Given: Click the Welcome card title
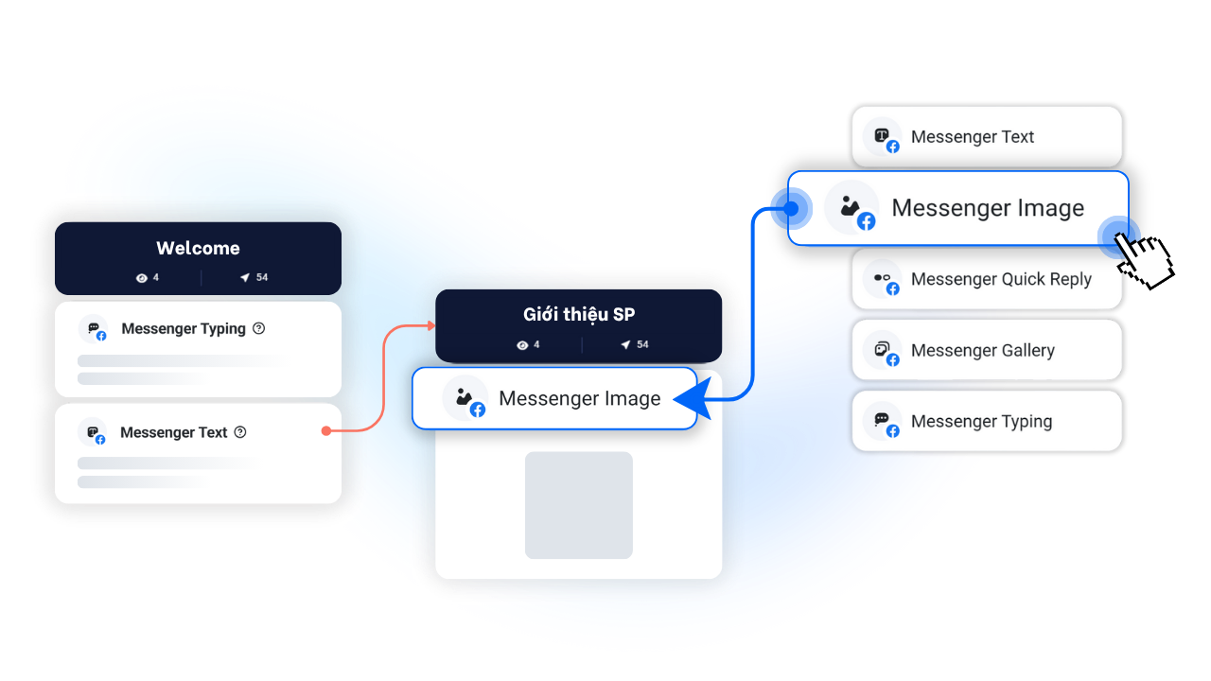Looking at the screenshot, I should coord(198,248).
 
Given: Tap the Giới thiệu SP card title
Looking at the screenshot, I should coord(579,315).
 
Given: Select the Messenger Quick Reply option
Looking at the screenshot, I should coord(1000,279).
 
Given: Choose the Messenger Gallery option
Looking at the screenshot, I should coord(982,350).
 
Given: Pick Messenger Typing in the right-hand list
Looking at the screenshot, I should coord(981,421).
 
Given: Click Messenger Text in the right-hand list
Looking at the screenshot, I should coord(972,137).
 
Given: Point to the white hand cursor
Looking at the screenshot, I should coord(1142,254).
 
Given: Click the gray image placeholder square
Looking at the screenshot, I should coord(579,505).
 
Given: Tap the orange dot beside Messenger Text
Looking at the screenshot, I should coord(325,431).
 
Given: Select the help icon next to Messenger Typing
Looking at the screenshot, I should coord(259,328).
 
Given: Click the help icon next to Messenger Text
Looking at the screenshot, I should coord(240,432).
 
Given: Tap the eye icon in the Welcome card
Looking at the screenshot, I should coord(142,278).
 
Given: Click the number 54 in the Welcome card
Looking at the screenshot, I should coord(262,277).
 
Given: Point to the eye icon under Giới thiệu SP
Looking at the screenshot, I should coord(522,345).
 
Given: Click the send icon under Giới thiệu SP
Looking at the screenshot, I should coord(625,345).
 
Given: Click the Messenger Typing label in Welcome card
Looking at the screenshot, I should coord(184,329).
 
